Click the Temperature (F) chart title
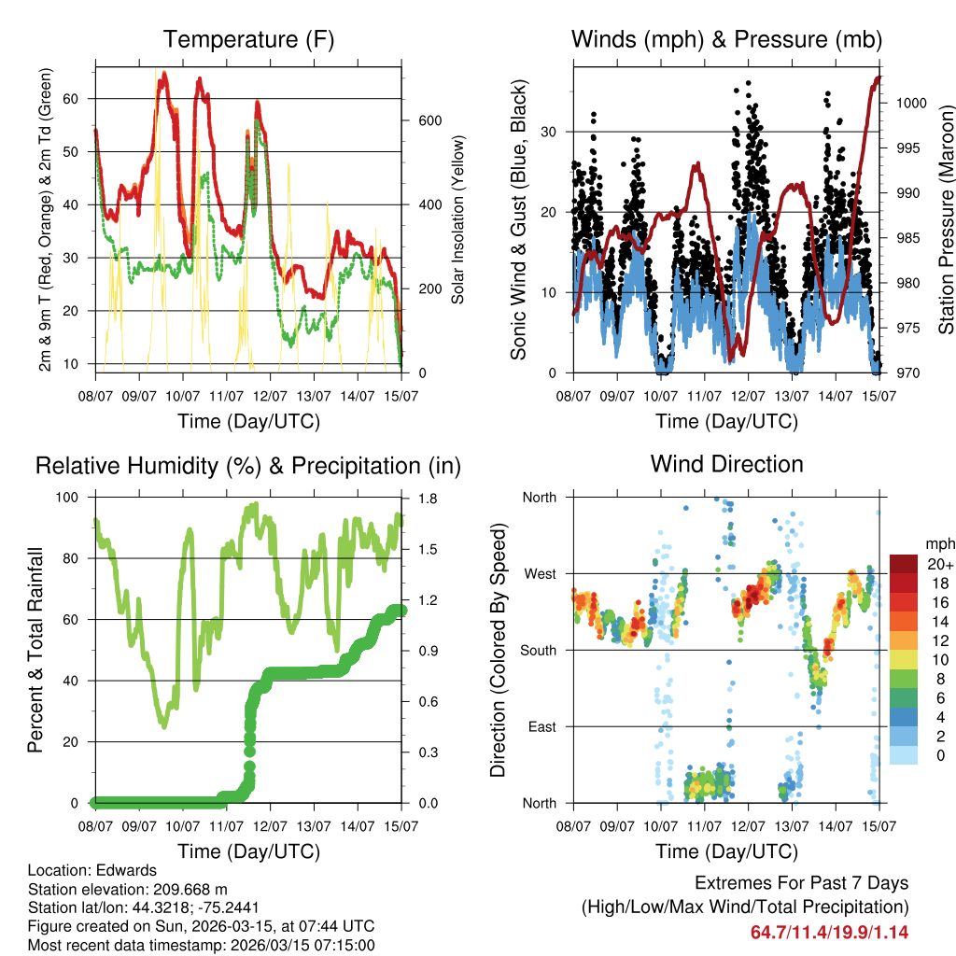pyautogui.click(x=248, y=40)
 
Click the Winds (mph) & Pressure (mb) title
pyautogui.click(x=727, y=40)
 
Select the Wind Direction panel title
pyautogui.click(x=727, y=464)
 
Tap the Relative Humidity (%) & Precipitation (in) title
pyautogui.click(x=248, y=466)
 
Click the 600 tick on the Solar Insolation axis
pyautogui.click(x=429, y=121)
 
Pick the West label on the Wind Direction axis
pyautogui.click(x=539, y=573)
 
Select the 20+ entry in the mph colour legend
pyautogui.click(x=938, y=564)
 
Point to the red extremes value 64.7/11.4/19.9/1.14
pyautogui.click(x=829, y=932)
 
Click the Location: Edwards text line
pyautogui.click(x=92, y=871)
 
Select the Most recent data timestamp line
pyautogui.click(x=201, y=945)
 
